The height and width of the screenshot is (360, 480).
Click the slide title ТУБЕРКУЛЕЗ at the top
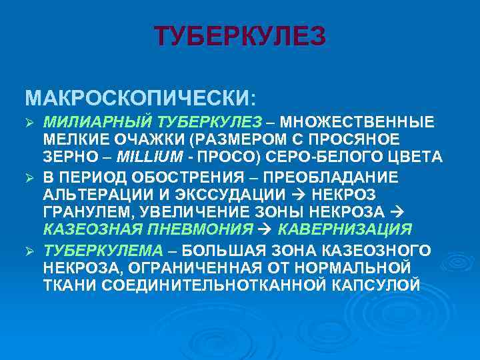coord(240,36)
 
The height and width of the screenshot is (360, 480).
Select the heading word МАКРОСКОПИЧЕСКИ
coord(137,98)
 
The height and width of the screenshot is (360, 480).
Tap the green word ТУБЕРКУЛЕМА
coord(103,250)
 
